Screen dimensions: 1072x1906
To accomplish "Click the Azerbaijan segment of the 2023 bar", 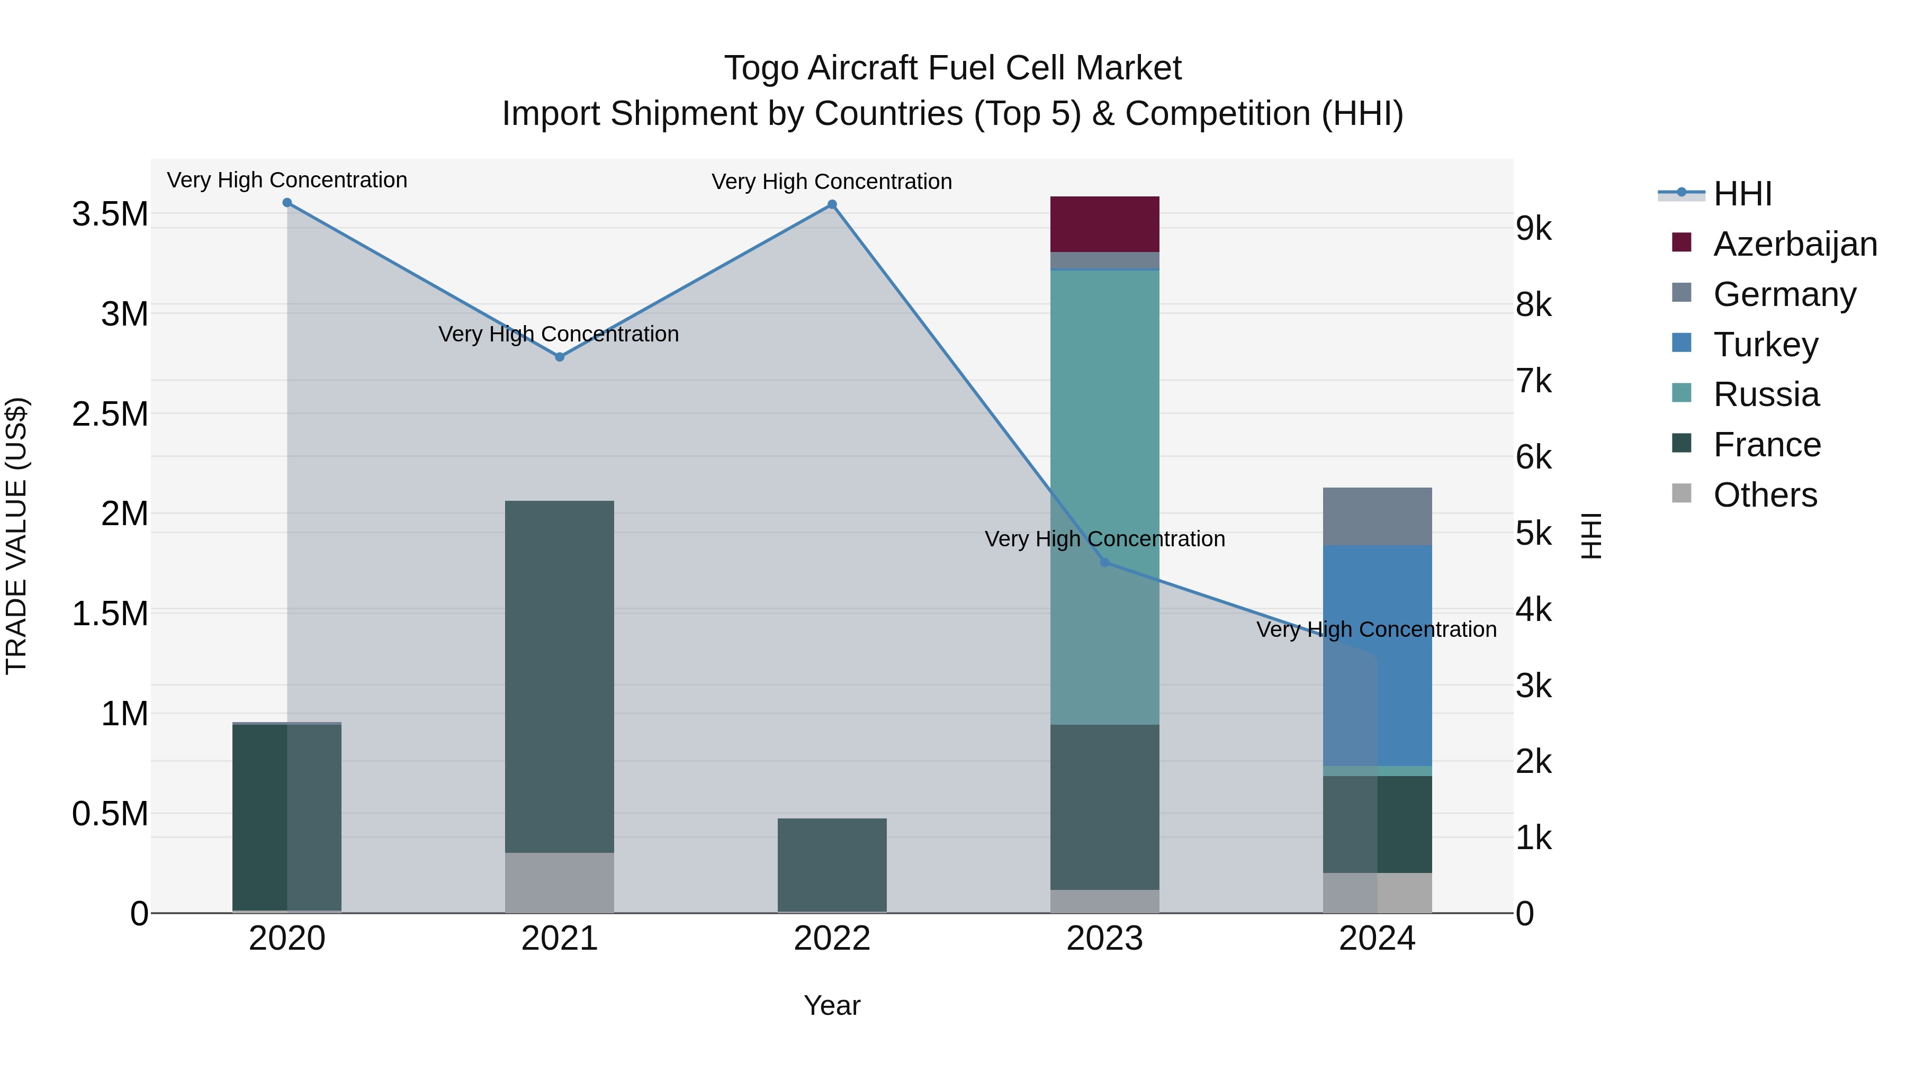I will pos(1104,223).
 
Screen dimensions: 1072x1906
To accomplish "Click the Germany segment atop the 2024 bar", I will pos(1377,516).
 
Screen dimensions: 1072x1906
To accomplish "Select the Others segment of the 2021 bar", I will pos(560,882).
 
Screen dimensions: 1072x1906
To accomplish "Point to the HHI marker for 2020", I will pos(287,203).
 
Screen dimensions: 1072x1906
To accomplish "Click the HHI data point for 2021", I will pos(560,357).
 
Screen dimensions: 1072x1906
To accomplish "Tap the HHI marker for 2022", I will pos(832,204).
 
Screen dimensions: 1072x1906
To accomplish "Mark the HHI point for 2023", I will pos(1104,562).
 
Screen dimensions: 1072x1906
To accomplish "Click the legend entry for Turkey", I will pos(1765,345).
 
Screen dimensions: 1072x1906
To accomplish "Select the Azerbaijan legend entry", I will pos(1794,244).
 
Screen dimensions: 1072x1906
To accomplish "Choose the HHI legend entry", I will pos(1742,194).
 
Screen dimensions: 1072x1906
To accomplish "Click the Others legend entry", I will pos(1765,495).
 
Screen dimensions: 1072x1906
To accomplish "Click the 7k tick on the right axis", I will pos(1534,382).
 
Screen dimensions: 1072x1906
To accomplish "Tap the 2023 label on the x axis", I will pos(1104,939).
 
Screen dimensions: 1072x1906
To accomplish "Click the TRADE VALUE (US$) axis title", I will pos(16,536).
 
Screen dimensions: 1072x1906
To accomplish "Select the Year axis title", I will pos(832,1005).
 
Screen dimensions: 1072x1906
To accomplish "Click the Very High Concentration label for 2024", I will pos(1376,629).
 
